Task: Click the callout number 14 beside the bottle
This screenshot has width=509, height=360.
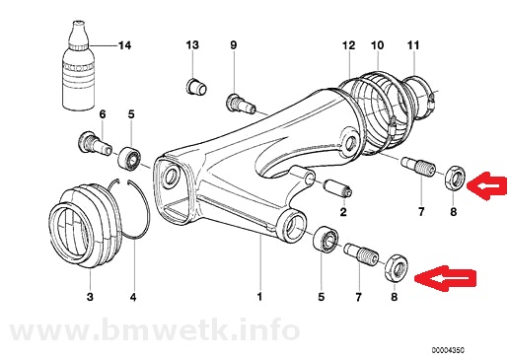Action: pos(124,45)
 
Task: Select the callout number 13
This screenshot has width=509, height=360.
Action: pos(192,44)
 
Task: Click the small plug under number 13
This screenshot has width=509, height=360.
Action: pos(196,86)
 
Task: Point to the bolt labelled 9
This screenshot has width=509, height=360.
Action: pos(241,104)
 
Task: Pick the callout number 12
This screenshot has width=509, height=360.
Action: pos(348,45)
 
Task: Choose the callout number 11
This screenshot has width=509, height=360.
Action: pos(413,45)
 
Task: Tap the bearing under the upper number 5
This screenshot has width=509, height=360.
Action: pos(130,159)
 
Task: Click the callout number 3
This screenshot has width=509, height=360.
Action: pos(90,297)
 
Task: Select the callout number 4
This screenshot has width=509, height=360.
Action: pos(133,297)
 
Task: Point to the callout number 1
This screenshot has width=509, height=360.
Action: pos(259,297)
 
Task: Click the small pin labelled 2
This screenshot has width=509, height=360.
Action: pos(338,188)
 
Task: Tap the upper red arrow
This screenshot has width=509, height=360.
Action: pos(487,186)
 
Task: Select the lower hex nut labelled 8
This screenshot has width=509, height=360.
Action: pos(397,268)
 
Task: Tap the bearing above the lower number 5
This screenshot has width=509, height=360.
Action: pos(326,239)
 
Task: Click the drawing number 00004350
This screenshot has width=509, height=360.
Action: pos(448,350)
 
